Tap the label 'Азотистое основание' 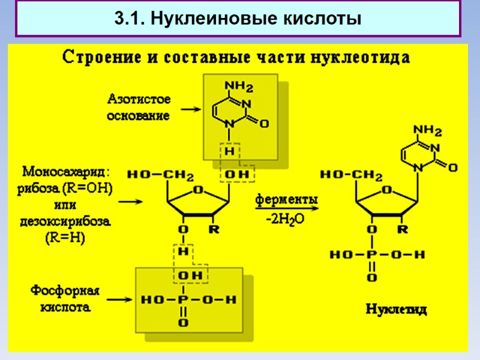139,107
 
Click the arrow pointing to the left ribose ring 135,202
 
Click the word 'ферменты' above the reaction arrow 287,198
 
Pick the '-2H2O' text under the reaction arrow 285,220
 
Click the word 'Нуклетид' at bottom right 397,310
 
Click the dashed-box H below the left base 229,151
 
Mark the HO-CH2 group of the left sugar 160,176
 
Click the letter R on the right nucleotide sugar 404,229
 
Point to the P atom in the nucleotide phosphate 372,254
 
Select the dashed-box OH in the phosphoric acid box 187,275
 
